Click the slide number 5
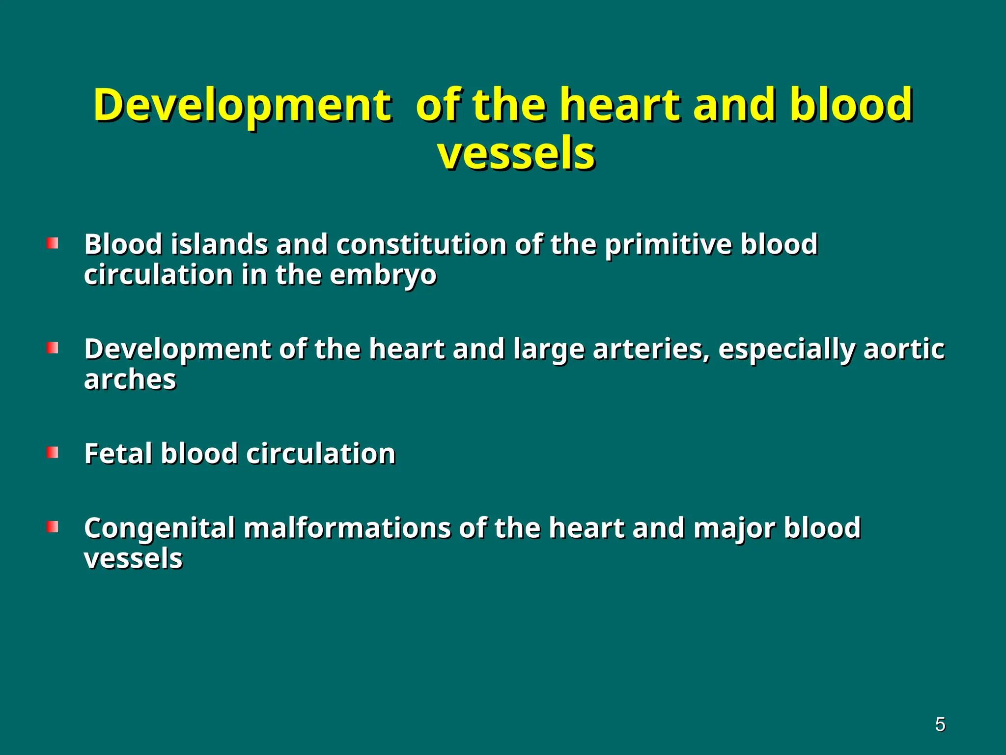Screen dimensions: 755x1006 coord(940,725)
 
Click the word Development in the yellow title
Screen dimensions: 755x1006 coord(242,106)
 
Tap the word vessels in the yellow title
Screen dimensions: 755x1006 coord(516,155)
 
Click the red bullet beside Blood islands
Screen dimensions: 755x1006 coord(53,244)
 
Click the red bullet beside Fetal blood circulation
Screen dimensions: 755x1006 coord(53,453)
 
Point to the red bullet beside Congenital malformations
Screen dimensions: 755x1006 coord(53,527)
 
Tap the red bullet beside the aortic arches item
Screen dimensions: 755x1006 coord(53,348)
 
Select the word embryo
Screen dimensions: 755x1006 coord(383,275)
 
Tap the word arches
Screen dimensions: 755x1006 coord(130,380)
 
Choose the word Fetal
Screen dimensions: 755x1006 coord(118,453)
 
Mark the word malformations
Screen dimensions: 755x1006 coord(347,528)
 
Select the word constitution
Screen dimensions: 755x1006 coord(421,244)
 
